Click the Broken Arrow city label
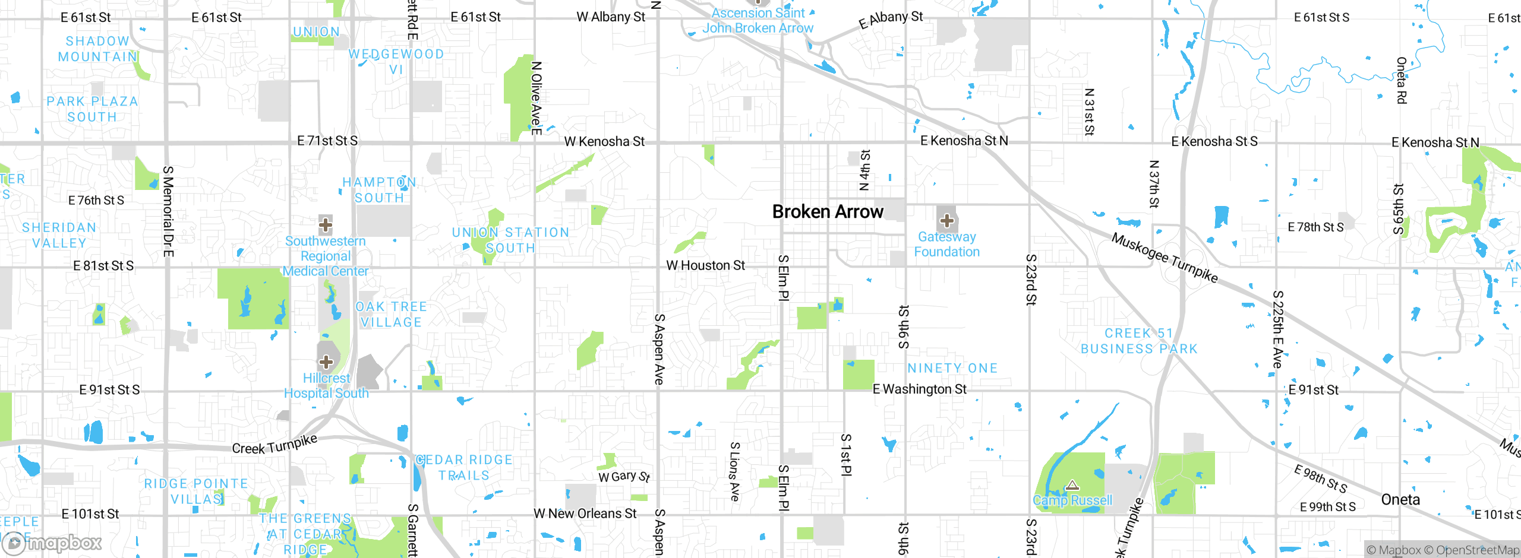[827, 212]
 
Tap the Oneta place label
[1400, 500]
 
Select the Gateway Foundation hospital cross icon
[946, 221]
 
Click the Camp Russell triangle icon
[1072, 486]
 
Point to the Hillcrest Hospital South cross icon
[326, 362]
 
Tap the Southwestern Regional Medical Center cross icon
[325, 225]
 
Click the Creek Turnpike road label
[274, 445]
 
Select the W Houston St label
[705, 265]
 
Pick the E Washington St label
[919, 389]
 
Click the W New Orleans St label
[585, 513]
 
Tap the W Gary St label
[624, 477]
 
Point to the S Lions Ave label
[735, 471]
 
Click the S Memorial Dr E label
[168, 211]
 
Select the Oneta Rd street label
[1401, 80]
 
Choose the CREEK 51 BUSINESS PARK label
[1139, 341]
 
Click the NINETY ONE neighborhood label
[952, 369]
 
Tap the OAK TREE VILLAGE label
[391, 315]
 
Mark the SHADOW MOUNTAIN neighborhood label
[97, 49]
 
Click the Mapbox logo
[52, 543]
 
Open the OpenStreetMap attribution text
[1477, 550]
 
